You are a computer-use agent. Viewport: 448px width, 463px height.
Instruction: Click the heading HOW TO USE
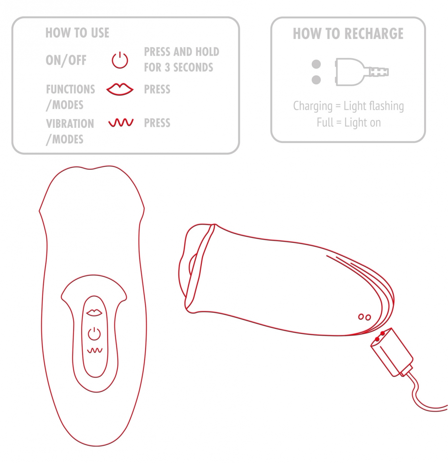tap(77, 33)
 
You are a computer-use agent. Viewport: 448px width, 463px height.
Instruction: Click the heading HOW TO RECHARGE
tap(348, 34)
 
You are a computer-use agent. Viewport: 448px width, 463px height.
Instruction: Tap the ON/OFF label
tap(66, 60)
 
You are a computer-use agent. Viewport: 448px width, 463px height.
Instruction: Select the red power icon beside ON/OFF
tap(120, 60)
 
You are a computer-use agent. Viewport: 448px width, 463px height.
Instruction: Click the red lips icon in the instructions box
tap(120, 89)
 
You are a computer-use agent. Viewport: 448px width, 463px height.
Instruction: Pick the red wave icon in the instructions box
tap(121, 123)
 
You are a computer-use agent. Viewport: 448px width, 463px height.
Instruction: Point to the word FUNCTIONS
tap(70, 89)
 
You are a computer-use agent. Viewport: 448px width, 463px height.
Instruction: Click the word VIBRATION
tap(70, 123)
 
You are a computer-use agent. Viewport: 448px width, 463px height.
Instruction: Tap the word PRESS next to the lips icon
tap(157, 89)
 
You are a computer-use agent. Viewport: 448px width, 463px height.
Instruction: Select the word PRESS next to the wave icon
tap(157, 123)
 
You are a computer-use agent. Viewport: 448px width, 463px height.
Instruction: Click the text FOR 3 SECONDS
tap(178, 67)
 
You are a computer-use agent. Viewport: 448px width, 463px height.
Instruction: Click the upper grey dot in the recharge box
tap(316, 64)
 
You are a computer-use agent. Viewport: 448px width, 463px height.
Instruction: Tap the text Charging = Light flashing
tap(348, 106)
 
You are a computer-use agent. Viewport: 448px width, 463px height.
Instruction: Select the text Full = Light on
tap(349, 123)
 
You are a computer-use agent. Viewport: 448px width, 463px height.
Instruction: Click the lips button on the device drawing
tap(94, 312)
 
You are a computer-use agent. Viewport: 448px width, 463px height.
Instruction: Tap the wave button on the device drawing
tap(95, 350)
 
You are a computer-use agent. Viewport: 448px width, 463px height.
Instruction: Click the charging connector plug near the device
tap(391, 352)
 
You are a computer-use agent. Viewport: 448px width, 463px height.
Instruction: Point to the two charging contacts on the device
tap(364, 317)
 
